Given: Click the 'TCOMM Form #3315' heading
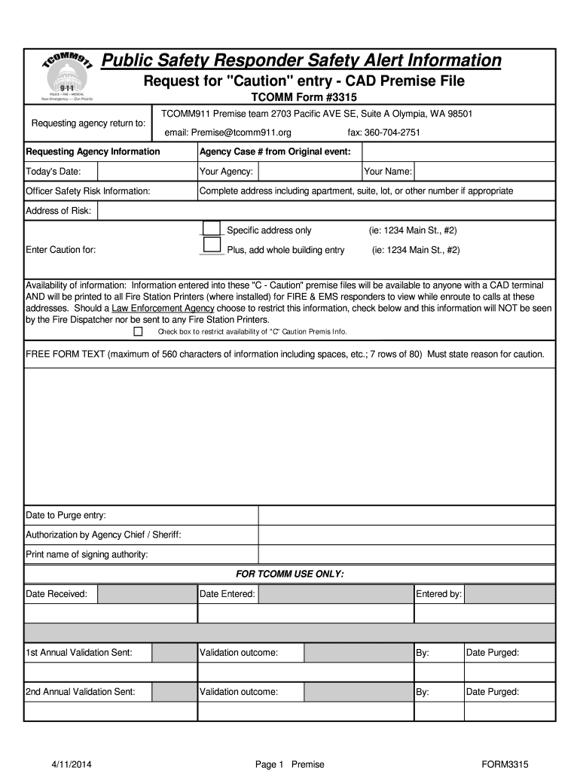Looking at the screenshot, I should pos(304,98).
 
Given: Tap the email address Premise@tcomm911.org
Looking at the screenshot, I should pos(227,133).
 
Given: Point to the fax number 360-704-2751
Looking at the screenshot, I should pos(383,133).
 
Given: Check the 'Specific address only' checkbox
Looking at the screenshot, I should pos(212,229).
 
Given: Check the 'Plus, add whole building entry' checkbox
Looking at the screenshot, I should pos(212,245).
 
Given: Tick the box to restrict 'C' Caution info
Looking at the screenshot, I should pos(138,331).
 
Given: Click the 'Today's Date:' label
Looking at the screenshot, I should pos(53,172).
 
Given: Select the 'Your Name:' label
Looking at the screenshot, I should pos(388,172).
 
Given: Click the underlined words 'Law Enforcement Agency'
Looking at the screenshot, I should pos(163,309).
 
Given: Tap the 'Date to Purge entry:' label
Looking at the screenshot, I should pos(66,515).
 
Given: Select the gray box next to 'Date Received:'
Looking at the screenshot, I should pos(148,594).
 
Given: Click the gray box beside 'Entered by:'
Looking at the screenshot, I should pos(509,594).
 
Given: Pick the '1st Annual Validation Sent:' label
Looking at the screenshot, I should pos(79,653).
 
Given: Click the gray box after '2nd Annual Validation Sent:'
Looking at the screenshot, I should pos(174,692).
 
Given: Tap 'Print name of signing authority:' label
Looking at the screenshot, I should pos(87,555).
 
